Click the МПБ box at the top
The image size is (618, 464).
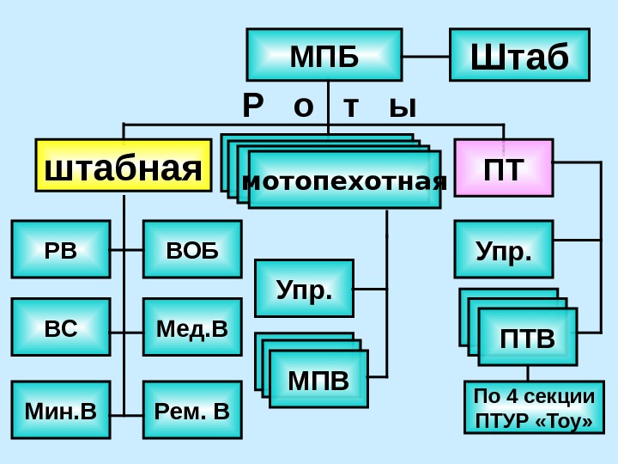[x=324, y=55]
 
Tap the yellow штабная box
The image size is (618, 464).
[x=123, y=165]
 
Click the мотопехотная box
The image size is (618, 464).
[x=344, y=181]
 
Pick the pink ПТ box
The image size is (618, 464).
[x=503, y=168]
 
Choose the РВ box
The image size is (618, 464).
[x=61, y=249]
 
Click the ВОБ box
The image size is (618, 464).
[x=192, y=249]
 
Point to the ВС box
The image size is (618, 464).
[x=61, y=327]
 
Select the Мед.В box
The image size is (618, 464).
[x=192, y=327]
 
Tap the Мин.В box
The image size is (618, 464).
[x=61, y=410]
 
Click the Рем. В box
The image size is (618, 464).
[x=192, y=410]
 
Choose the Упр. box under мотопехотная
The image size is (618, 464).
[x=304, y=289]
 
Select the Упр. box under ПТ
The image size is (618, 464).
[x=503, y=249]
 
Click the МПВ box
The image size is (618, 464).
[x=318, y=379]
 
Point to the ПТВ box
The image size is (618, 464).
[x=527, y=337]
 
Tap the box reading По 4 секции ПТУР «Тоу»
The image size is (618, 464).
[x=534, y=408]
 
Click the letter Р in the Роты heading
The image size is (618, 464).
[x=251, y=107]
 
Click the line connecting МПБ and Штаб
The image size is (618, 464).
[x=426, y=57]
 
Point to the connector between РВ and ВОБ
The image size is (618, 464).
[x=126, y=250]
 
